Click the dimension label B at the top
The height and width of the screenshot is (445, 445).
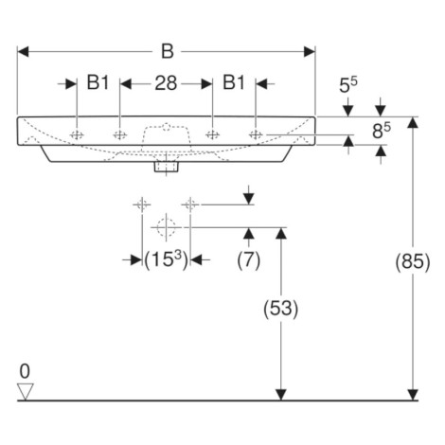tap(168, 51)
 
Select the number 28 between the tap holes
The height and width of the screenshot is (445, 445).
tap(166, 83)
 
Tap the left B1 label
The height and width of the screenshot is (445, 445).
tap(98, 82)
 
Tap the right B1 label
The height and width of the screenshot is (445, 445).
tap(234, 82)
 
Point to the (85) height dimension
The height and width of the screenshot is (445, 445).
tap(413, 262)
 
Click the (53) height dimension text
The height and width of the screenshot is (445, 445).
tap(280, 309)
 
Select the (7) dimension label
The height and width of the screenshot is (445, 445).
tap(249, 260)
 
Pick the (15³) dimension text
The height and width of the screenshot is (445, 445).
tap(167, 260)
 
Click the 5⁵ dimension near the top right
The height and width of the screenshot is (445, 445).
tap(348, 84)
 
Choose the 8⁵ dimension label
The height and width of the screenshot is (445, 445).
tap(382, 131)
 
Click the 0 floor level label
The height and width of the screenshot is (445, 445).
tap(25, 371)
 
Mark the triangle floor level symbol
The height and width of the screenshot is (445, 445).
tap(26, 392)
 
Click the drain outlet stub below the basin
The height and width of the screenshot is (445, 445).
tap(167, 167)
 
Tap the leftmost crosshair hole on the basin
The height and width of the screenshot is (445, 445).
tap(77, 134)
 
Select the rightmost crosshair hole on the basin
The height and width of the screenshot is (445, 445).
tap(256, 134)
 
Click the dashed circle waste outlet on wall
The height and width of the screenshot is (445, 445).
tap(166, 227)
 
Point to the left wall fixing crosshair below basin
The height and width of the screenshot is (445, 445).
tap(142, 205)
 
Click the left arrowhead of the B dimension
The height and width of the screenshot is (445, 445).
tap(23, 51)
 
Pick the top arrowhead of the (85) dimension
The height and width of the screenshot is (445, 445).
tap(413, 122)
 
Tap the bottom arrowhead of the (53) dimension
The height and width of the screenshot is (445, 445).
tap(280, 395)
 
